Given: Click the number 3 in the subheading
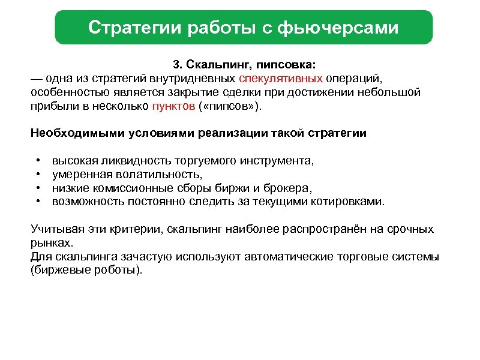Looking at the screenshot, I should (176, 65).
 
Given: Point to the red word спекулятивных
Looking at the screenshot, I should (281, 79).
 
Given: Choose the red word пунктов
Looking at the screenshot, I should (174, 106).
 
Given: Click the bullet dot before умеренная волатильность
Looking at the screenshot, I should (38, 175).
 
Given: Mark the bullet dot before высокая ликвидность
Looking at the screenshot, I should (38, 161).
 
